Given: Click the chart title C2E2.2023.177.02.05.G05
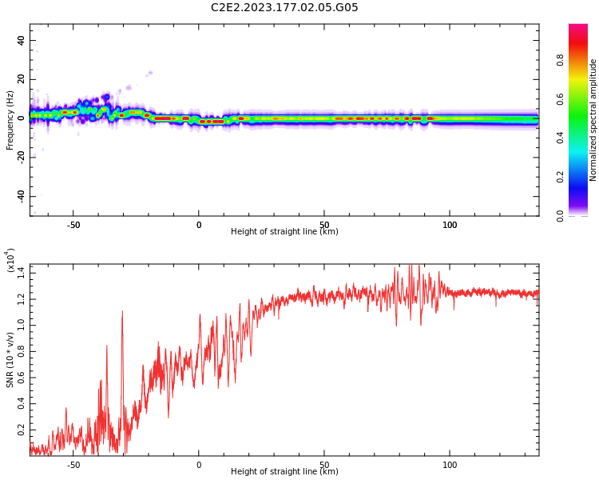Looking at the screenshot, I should (x=284, y=8).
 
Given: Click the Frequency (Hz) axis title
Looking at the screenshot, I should (x=10, y=120).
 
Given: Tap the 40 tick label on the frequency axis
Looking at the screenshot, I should (x=21, y=41).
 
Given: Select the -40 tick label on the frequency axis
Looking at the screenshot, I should (x=19, y=196).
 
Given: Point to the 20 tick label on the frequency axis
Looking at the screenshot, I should (x=21, y=79).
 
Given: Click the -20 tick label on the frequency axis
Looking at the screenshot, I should (x=19, y=157).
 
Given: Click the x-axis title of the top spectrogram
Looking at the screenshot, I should (x=284, y=232).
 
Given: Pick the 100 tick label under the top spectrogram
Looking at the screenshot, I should (x=450, y=225).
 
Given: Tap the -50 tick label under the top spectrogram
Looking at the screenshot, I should (x=73, y=225).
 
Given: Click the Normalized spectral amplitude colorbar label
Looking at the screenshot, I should (x=593, y=120).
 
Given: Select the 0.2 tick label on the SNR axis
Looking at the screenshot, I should (x=21, y=430).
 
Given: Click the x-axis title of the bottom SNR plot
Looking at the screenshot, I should (x=284, y=472).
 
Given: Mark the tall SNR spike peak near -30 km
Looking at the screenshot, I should (x=122, y=312).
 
